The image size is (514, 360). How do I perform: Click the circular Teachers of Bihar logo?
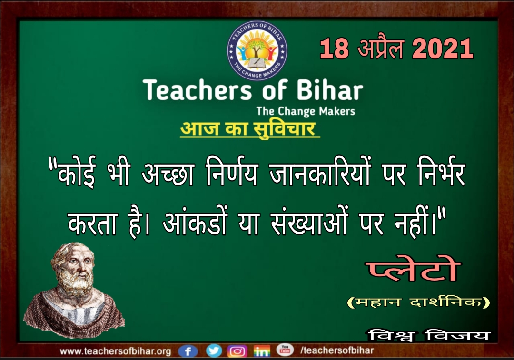[257, 51]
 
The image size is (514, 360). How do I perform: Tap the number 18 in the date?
[334, 49]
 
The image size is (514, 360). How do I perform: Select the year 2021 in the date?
[443, 49]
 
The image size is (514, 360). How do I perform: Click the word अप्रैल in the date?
[380, 48]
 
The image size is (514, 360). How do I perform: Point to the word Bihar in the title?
[330, 90]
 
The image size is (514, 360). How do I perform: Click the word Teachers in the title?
[197, 90]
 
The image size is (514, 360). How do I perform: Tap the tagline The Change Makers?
[306, 111]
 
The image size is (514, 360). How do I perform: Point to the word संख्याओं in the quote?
[309, 223]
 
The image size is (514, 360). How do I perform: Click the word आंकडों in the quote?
[195, 223]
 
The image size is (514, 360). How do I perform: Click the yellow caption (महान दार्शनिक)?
[418, 302]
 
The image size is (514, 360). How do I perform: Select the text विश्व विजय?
[429, 335]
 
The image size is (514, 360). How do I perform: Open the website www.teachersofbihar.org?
[115, 351]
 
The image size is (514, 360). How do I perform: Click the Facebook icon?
[188, 351]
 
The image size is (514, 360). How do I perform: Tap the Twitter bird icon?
[214, 351]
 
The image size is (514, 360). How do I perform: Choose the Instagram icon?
[237, 351]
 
